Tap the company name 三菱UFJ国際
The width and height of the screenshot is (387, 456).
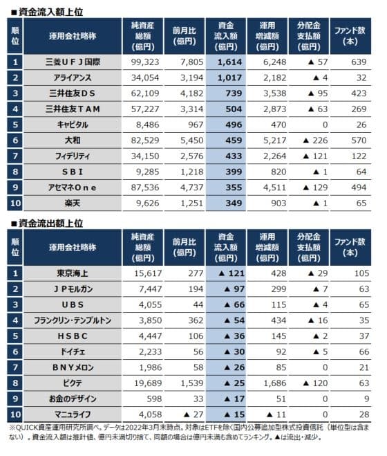(73, 62)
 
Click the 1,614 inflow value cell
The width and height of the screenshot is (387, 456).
(229, 62)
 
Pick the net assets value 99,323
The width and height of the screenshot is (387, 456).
(145, 62)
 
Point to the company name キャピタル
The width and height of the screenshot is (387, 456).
(73, 125)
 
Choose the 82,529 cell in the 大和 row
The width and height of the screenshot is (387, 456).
(145, 140)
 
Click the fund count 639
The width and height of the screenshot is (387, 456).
(359, 62)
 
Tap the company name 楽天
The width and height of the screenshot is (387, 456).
(73, 203)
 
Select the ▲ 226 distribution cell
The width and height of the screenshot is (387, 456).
(315, 140)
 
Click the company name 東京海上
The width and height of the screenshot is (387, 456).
(73, 273)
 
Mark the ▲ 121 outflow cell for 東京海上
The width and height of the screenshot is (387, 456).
(232, 273)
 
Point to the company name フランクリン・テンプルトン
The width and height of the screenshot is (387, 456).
(73, 320)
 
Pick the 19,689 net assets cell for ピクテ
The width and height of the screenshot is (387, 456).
(148, 383)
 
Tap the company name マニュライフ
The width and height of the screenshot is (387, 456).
(73, 414)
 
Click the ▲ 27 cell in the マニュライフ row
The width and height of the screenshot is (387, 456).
(193, 414)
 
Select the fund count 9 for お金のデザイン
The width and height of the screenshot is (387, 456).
(367, 399)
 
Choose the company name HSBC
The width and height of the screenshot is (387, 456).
(73, 336)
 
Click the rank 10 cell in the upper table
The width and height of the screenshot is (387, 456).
(15, 203)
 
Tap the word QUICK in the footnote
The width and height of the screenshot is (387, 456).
(27, 428)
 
